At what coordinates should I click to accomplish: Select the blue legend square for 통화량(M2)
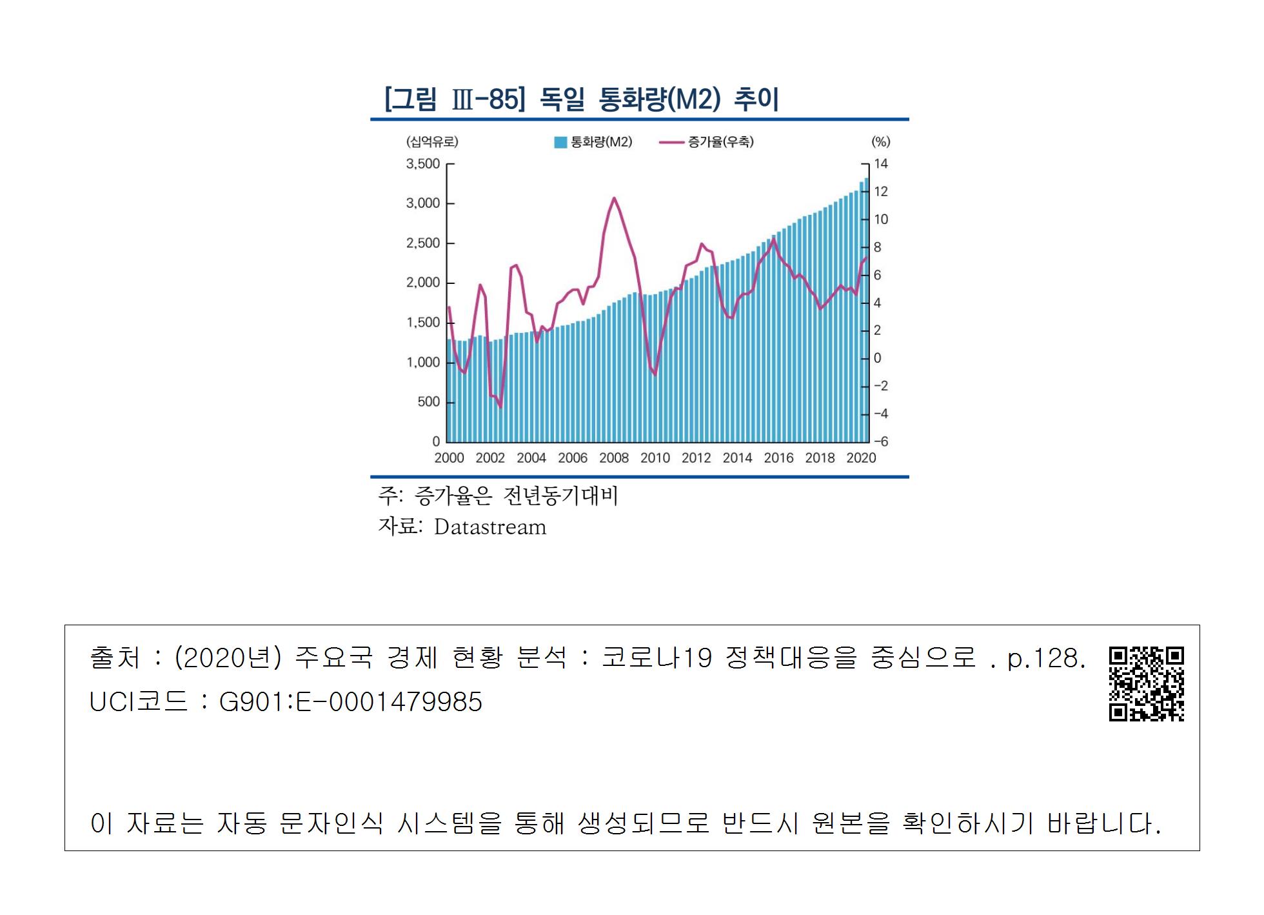(x=560, y=142)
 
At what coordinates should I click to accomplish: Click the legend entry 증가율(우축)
(x=720, y=142)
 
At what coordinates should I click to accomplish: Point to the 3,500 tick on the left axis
(x=423, y=164)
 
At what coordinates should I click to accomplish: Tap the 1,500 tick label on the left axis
(x=423, y=323)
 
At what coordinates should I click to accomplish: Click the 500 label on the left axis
(x=428, y=402)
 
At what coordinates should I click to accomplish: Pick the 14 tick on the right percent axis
(x=881, y=164)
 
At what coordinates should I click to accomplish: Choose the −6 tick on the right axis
(x=881, y=442)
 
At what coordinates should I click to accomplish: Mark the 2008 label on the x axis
(x=614, y=458)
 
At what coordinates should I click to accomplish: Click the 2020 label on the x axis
(x=861, y=458)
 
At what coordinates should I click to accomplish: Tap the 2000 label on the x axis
(x=449, y=458)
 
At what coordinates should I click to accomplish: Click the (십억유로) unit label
(x=432, y=142)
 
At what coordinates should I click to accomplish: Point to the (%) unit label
(x=881, y=142)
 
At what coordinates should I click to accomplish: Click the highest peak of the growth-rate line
(x=614, y=198)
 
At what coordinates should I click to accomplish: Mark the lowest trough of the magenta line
(x=500, y=407)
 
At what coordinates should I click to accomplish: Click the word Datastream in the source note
(x=490, y=527)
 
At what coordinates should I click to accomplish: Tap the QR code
(x=1146, y=683)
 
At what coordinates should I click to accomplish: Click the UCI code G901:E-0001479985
(x=351, y=702)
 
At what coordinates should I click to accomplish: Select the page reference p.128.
(x=1046, y=658)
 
